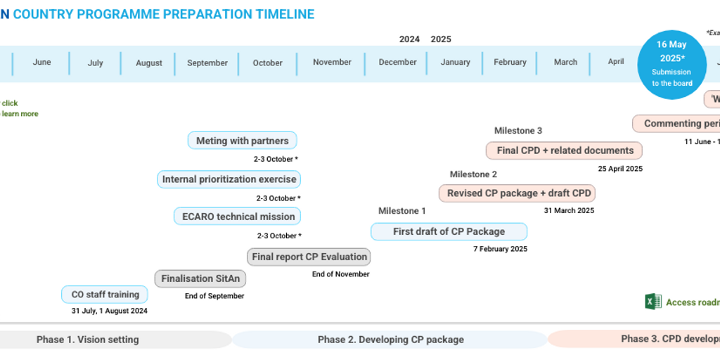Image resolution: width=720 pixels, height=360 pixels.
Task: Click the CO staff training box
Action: click(x=105, y=295)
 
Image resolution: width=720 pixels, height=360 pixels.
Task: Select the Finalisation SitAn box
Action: click(x=200, y=278)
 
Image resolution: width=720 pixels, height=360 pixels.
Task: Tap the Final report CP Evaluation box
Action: click(x=309, y=257)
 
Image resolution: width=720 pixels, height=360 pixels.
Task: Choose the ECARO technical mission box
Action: click(x=238, y=217)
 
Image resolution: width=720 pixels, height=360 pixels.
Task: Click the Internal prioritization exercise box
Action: click(x=229, y=179)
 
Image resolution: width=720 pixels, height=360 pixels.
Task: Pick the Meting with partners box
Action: click(x=242, y=141)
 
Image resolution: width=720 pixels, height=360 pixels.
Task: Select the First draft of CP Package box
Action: click(x=449, y=231)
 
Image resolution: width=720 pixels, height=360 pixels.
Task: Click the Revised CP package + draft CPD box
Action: click(x=517, y=193)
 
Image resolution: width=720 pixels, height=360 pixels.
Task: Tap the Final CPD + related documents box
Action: click(x=565, y=150)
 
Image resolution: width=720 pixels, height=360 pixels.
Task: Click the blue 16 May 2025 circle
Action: click(x=671, y=64)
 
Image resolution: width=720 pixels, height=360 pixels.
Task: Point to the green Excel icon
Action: click(x=653, y=302)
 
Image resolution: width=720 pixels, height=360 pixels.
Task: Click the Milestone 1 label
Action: click(x=402, y=211)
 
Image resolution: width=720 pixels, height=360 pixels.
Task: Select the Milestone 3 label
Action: click(x=518, y=131)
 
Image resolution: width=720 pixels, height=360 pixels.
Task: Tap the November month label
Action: click(x=332, y=63)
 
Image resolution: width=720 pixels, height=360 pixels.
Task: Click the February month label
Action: click(x=510, y=63)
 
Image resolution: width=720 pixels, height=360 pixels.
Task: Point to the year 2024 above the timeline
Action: click(x=409, y=39)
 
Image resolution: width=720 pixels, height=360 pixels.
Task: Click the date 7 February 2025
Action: click(x=500, y=249)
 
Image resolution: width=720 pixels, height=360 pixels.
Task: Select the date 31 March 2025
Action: click(x=569, y=210)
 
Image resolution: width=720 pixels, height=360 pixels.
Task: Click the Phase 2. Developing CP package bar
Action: click(x=390, y=340)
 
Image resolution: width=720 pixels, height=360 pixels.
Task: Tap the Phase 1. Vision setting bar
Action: click(x=88, y=340)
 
